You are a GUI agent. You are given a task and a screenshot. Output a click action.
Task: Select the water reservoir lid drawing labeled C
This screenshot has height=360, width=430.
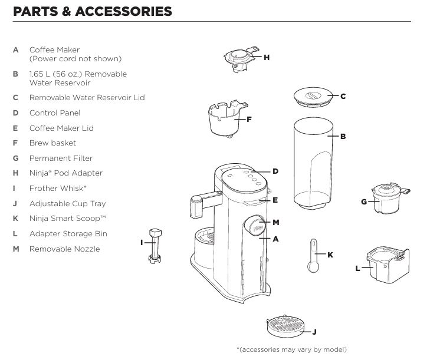point(313,97)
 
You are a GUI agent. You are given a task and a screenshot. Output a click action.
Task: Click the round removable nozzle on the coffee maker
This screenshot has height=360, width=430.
point(254,224)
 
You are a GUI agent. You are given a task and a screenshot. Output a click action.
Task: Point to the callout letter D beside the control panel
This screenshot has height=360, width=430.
point(275,171)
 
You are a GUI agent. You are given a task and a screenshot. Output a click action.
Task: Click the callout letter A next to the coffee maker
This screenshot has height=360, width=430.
point(275,239)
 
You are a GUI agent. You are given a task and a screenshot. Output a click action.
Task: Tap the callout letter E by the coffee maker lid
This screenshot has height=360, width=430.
point(275,200)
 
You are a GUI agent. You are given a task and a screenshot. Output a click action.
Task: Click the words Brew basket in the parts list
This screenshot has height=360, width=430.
point(52,143)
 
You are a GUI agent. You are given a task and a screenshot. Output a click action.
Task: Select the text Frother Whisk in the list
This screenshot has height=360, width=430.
point(58,188)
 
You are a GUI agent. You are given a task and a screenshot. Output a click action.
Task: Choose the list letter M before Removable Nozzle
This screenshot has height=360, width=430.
point(16,249)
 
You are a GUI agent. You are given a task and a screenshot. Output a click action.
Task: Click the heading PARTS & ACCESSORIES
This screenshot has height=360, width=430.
point(92,11)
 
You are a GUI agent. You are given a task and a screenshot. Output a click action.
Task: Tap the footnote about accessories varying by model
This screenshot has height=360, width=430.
point(291,349)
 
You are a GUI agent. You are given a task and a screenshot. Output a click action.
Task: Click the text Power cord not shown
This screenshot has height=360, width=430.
point(76,59)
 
